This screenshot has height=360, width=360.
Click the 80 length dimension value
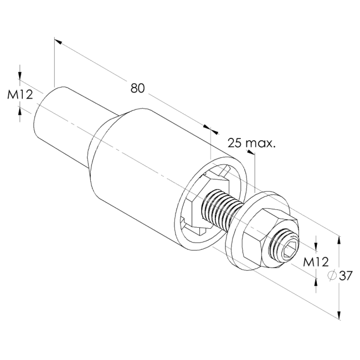tap(138, 88)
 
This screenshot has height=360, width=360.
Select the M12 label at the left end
tap(20, 94)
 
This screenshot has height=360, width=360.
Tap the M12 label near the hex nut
tap(316, 262)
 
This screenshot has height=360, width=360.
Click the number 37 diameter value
tap(346, 276)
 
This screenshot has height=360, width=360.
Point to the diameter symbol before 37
tap(332, 275)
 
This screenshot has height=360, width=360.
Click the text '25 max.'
tap(251, 143)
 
